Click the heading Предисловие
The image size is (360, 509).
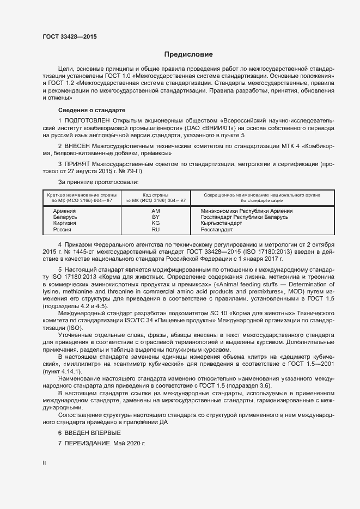pos(189,54)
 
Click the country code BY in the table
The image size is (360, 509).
pos(155,217)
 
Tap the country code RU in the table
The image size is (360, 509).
pos(155,230)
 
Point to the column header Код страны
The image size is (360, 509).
pos(155,194)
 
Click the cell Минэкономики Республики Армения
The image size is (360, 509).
pos(247,211)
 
